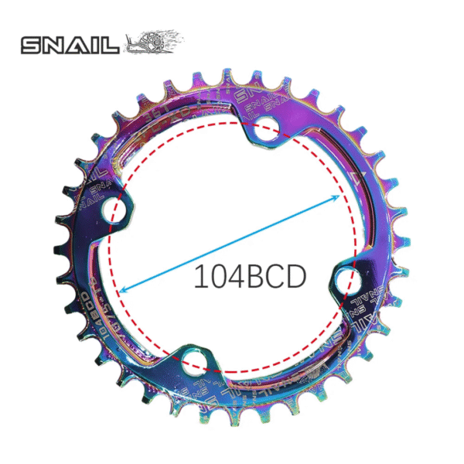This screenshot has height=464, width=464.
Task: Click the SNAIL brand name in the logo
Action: [70, 45]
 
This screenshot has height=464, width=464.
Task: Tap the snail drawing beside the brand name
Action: [152, 43]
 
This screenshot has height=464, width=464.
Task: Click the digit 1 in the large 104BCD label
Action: [200, 277]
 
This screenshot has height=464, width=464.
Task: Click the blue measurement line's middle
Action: [230, 243]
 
